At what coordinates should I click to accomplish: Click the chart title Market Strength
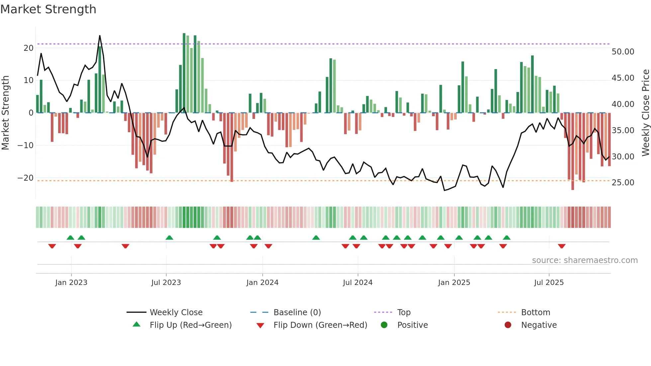tap(48, 9)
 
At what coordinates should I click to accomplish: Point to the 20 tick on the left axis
tap(29, 48)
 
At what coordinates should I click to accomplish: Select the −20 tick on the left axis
tap(26, 178)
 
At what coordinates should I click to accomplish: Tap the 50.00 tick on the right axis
tap(623, 52)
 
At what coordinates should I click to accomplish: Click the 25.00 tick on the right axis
tap(623, 183)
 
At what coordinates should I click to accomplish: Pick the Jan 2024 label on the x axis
tap(262, 283)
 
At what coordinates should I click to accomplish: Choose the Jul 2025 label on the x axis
tap(549, 283)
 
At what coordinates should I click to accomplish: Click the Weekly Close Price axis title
tap(645, 113)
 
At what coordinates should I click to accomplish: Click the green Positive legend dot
tap(384, 325)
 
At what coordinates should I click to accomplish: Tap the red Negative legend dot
tap(508, 325)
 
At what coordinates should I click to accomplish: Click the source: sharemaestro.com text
tap(585, 260)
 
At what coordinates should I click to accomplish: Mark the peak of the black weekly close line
tap(100, 36)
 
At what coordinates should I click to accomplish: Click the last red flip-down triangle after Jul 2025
tap(562, 246)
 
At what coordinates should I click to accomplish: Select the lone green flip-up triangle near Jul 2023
tap(169, 237)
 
